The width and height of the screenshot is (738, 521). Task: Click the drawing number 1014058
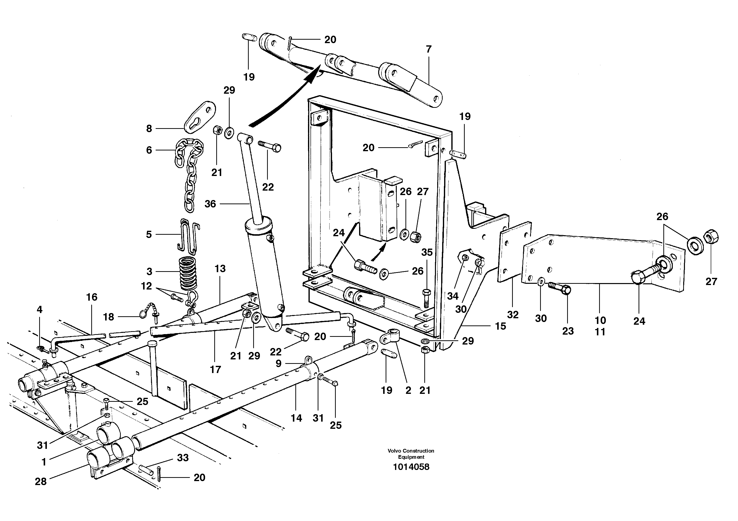pos(411,467)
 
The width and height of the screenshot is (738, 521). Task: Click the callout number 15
pos(500,326)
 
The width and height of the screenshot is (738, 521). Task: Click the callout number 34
pos(453,296)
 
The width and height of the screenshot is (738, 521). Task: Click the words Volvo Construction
pos(411,451)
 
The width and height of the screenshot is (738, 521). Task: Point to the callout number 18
pos(108,317)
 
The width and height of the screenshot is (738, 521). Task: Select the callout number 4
pos(39,310)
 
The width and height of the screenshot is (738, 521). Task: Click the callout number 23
pos(568,331)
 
